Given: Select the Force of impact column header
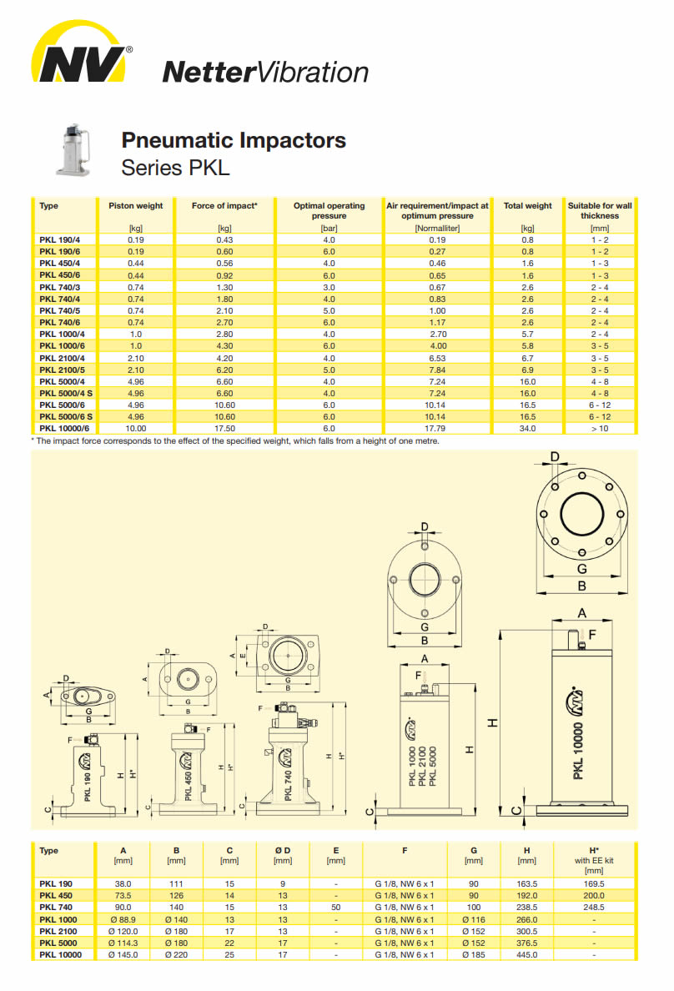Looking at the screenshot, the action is tap(224, 205).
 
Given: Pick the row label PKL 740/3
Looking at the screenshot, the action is tap(59, 287).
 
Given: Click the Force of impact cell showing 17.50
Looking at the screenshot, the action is tap(224, 429).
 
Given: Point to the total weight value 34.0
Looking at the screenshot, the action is tap(527, 429).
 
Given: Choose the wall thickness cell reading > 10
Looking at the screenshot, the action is tap(600, 429).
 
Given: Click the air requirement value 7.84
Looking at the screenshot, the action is tap(437, 370).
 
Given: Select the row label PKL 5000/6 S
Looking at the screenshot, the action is tap(66, 416).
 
